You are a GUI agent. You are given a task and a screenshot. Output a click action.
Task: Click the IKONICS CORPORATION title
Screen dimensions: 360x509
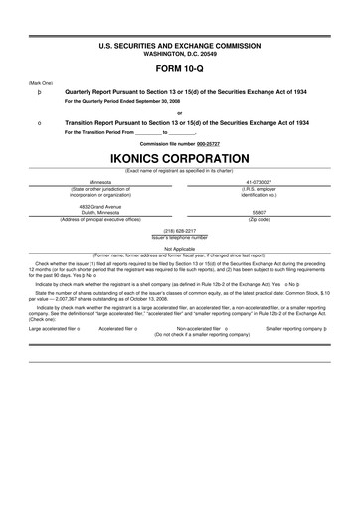179,158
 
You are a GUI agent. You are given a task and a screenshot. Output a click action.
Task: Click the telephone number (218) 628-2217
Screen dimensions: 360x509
179,230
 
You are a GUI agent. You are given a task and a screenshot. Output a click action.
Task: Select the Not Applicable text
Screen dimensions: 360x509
179,249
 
